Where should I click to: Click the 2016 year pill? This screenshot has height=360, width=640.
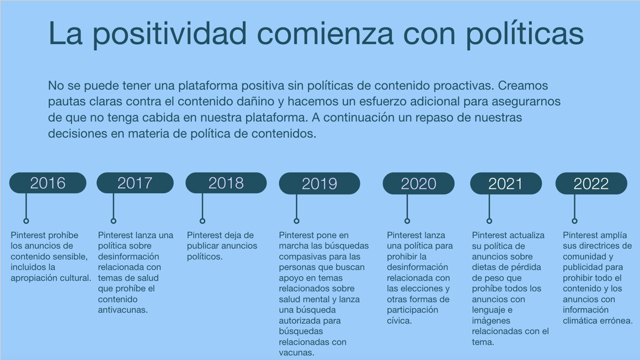click(48, 183)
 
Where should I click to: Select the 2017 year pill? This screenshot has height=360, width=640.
click(135, 183)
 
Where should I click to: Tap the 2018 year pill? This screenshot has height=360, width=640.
click(226, 183)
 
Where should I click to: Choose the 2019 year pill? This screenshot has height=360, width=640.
click(319, 183)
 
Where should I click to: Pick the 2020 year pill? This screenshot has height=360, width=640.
click(419, 183)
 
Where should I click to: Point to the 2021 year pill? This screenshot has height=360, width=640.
click(506, 183)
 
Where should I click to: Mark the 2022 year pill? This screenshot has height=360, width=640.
click(591, 183)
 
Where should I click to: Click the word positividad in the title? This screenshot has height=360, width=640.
click(169, 34)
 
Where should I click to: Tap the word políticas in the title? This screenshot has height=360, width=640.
click(525, 34)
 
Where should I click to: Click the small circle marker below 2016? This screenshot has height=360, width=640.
click(26, 221)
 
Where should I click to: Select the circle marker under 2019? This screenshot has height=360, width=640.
click(297, 221)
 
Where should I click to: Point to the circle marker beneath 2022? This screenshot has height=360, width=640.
click(575, 221)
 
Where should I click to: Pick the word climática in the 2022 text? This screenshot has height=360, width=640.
click(581, 320)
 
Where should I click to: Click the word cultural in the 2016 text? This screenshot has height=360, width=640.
click(77, 278)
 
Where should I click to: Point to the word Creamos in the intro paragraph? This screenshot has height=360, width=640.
click(523, 86)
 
